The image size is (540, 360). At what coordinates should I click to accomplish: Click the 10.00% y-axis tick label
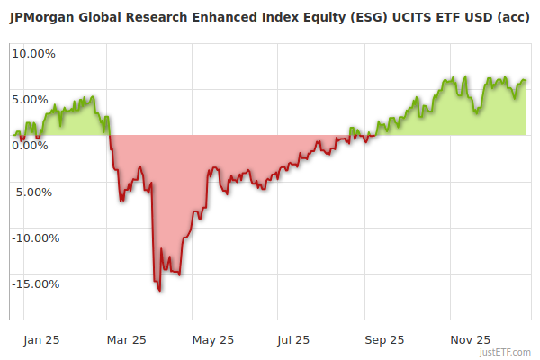click(32, 53)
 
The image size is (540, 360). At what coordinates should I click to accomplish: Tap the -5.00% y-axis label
click(33, 192)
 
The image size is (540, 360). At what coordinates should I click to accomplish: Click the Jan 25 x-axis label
click(42, 340)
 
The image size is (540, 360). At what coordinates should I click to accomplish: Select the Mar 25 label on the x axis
click(127, 340)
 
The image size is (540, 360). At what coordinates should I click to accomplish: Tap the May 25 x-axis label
click(213, 340)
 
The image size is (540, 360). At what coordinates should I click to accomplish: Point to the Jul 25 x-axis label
click(294, 340)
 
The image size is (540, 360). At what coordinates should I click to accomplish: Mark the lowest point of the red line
click(159, 291)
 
